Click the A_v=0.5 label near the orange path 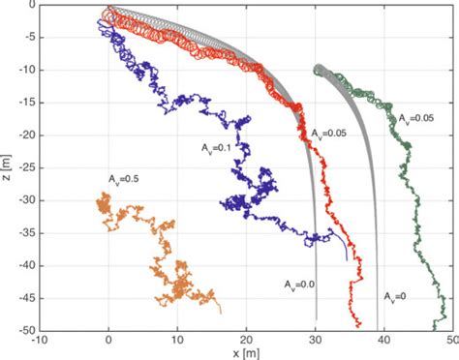pyautogui.click(x=125, y=180)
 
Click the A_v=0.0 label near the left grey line pyautogui.click(x=298, y=285)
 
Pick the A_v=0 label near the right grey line pyautogui.click(x=395, y=295)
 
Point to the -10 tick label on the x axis pyautogui.click(x=39, y=340)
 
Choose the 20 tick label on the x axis pyautogui.click(x=246, y=340)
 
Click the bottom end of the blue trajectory pyautogui.click(x=348, y=259)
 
